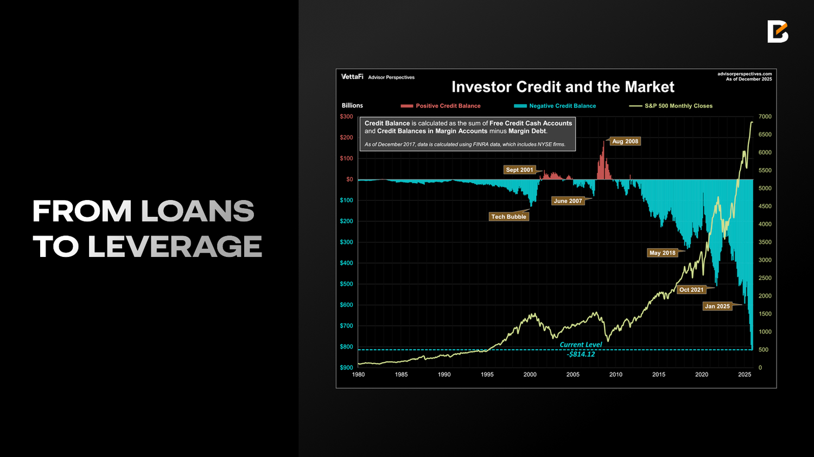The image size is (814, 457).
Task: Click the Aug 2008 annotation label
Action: click(625, 141)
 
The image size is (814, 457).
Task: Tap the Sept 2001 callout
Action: click(519, 170)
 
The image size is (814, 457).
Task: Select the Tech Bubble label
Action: click(508, 216)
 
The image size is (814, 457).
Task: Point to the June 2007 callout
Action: click(568, 201)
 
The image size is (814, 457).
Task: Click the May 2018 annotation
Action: click(662, 253)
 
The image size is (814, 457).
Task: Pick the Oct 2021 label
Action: click(691, 289)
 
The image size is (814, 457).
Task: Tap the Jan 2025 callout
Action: click(717, 306)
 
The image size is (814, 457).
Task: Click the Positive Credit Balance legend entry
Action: click(441, 106)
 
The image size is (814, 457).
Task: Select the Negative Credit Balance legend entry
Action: click(555, 106)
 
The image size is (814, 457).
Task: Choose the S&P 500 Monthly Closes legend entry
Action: click(671, 106)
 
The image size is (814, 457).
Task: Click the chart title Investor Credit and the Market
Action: click(563, 87)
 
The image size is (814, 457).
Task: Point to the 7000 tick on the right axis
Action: click(765, 117)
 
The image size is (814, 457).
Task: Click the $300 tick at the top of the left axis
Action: click(346, 117)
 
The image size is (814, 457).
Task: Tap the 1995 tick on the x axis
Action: click(487, 375)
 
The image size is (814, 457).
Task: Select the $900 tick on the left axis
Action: click(346, 368)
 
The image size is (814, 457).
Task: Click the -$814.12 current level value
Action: click(581, 355)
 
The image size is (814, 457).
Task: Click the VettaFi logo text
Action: click(352, 76)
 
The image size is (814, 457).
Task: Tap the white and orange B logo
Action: click(778, 31)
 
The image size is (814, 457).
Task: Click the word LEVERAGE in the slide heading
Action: click(175, 247)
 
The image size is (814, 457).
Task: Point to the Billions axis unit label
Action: click(352, 106)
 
